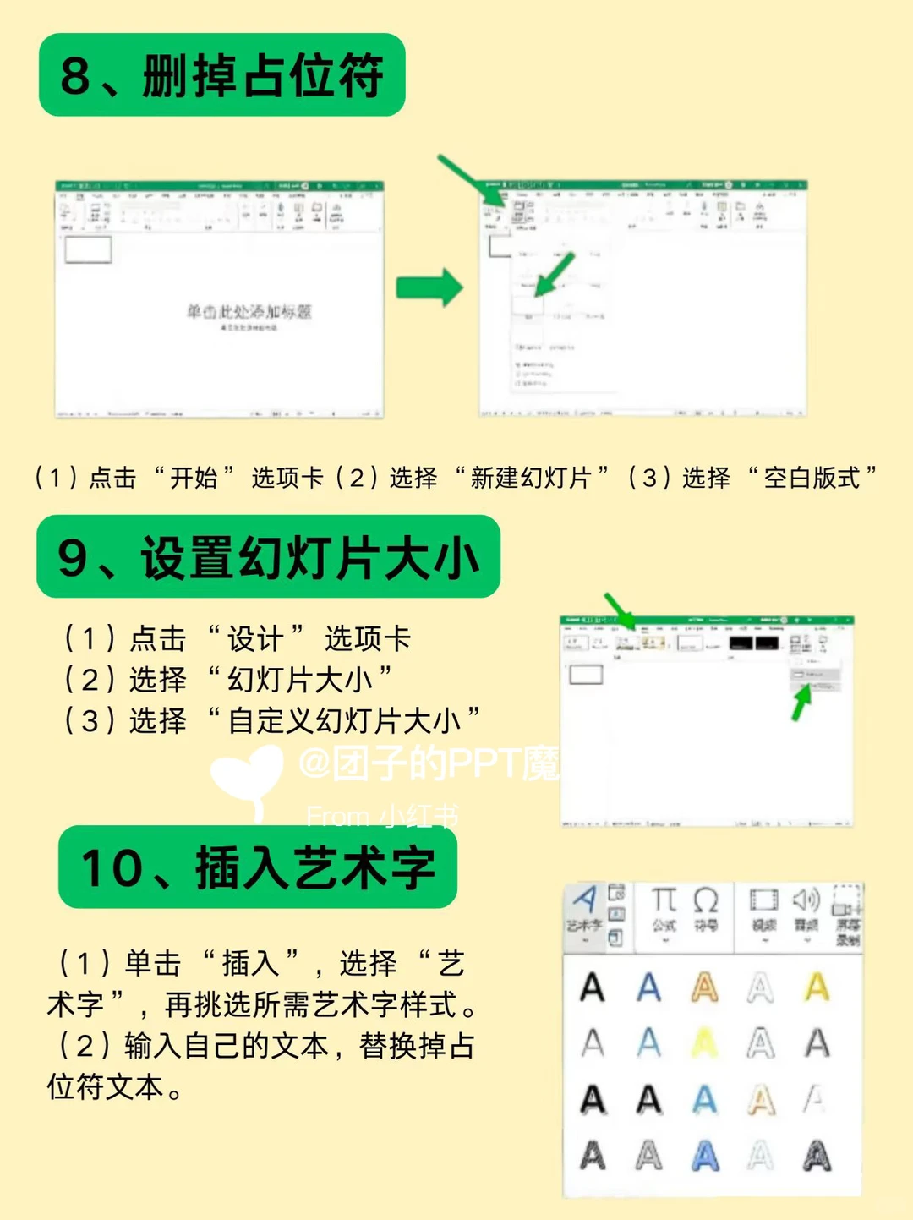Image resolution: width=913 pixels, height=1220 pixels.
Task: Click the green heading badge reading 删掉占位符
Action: point(221,75)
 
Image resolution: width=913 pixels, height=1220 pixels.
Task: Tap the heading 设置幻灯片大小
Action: point(268,558)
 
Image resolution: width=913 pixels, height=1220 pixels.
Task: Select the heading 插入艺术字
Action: point(258,868)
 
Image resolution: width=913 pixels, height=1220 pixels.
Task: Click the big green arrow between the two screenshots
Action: point(429,287)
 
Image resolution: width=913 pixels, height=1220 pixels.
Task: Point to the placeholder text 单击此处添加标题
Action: point(249,312)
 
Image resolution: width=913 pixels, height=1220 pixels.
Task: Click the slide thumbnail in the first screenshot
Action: point(88,250)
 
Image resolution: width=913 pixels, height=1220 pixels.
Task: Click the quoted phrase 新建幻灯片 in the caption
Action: point(530,479)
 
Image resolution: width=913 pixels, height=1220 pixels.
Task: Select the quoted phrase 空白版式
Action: point(812,479)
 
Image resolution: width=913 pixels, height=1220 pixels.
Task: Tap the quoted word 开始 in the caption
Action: point(194,479)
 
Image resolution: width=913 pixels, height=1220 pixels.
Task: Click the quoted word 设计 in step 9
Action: point(254,639)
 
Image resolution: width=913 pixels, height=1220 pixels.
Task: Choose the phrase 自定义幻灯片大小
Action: point(343,721)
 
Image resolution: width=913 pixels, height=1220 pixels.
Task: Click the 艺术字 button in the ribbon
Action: point(584,910)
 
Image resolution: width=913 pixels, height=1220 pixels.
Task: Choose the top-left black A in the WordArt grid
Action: point(593,987)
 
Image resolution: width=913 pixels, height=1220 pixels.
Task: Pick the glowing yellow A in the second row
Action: point(704,1043)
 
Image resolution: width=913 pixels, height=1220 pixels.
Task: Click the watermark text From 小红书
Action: point(382,816)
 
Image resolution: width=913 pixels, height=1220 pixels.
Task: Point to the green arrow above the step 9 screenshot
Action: point(620,610)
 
